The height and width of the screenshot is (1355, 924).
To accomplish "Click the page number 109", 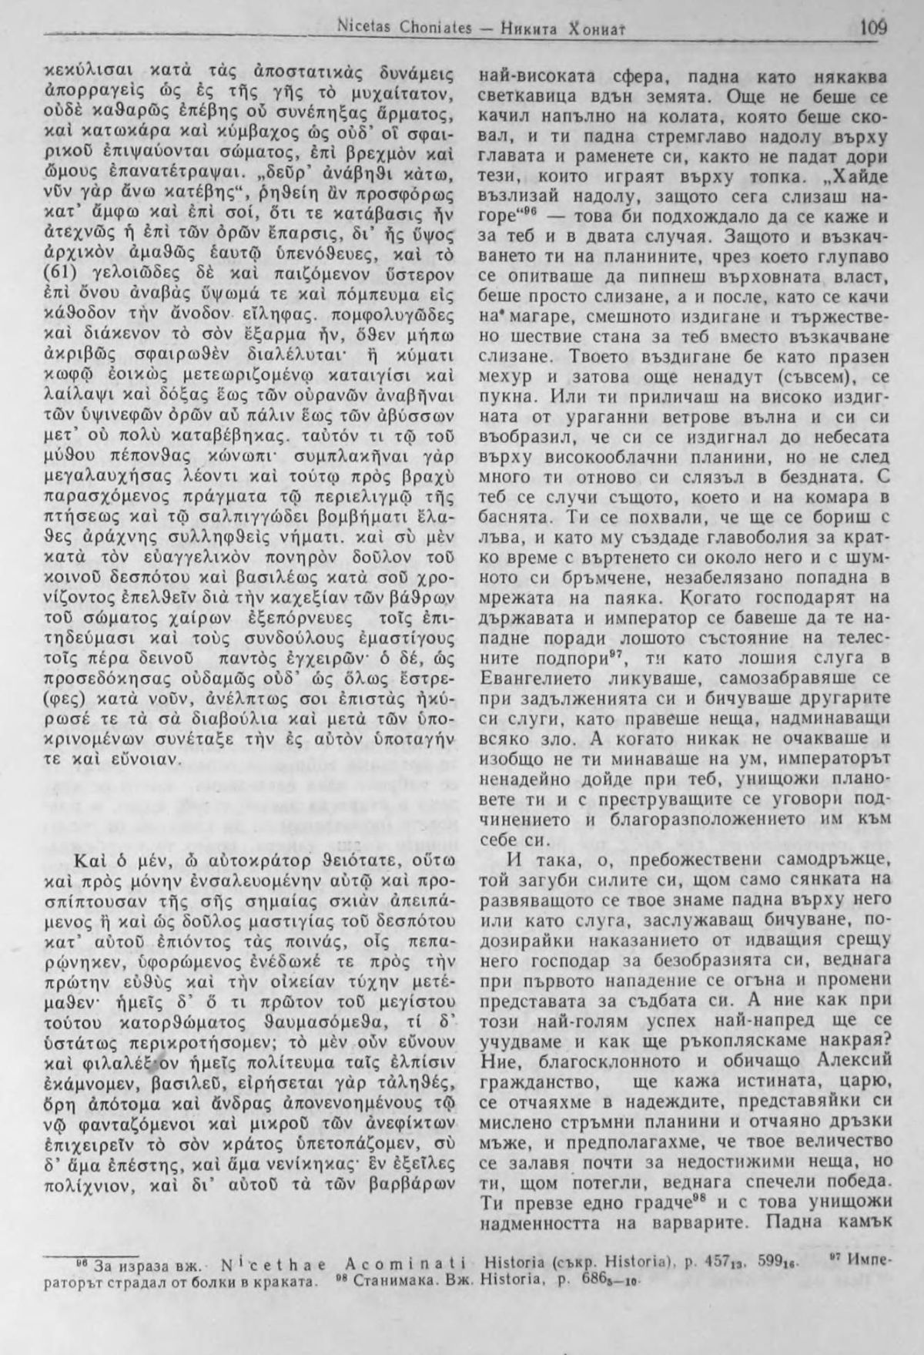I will click(x=873, y=29).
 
